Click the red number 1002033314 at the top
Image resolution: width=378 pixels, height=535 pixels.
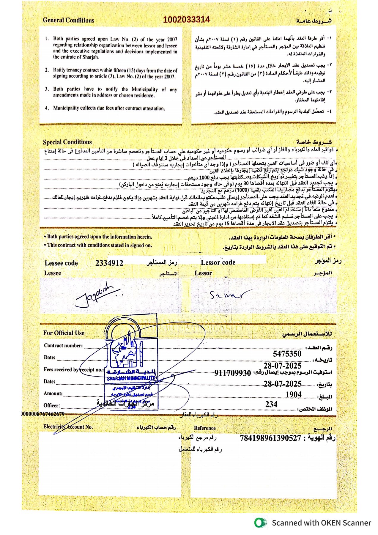pyautogui.click(x=186, y=20)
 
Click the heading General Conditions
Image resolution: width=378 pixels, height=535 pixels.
pyautogui.click(x=68, y=20)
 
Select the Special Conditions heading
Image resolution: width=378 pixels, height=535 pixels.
pyautogui.click(x=67, y=142)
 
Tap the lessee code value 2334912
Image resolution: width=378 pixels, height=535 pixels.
pyautogui.click(x=109, y=263)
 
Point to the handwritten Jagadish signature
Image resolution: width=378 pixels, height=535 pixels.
pyautogui.click(x=95, y=296)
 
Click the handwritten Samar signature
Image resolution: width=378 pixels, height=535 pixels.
pyautogui.click(x=227, y=294)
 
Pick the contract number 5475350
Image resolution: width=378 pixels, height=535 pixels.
pyautogui.click(x=287, y=354)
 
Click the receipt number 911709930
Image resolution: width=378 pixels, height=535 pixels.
pyautogui.click(x=233, y=373)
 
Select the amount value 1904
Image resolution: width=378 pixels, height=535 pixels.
pyautogui.click(x=293, y=394)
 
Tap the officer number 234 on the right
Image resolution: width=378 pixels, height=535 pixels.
pyautogui.click(x=271, y=404)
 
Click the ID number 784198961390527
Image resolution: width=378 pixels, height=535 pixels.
pyautogui.click(x=270, y=438)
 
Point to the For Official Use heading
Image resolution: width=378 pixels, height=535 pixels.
pyautogui.click(x=64, y=333)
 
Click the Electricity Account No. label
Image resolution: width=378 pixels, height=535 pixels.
pyautogui.click(x=68, y=427)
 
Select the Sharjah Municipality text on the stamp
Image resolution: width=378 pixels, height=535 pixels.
pyautogui.click(x=131, y=378)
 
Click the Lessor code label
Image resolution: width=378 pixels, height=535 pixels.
pyautogui.click(x=218, y=262)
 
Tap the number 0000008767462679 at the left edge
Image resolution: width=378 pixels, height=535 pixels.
pyautogui.click(x=42, y=414)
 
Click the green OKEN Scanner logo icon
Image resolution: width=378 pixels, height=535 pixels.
pyautogui.click(x=260, y=523)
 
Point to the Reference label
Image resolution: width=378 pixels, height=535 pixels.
pyautogui.click(x=205, y=428)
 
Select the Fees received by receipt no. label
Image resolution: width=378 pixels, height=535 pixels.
pyautogui.click(x=74, y=369)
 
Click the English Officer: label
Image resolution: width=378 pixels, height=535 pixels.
pyautogui.click(x=52, y=405)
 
